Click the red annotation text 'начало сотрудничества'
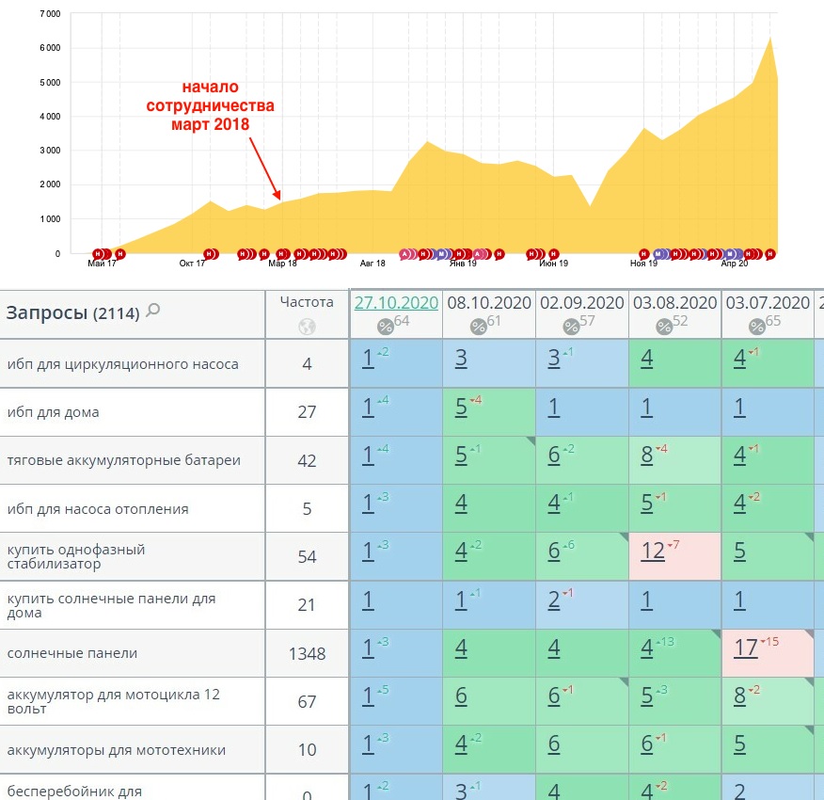[x=211, y=104]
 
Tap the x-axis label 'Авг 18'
[x=373, y=264]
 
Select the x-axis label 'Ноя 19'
[x=643, y=264]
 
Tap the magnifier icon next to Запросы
[x=153, y=310]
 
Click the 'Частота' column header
[x=307, y=302]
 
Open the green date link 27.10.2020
[x=396, y=302]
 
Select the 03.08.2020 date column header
[x=674, y=302]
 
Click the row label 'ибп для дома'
[x=53, y=412]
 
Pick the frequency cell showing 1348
[x=307, y=653]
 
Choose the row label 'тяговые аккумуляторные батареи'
[x=123, y=460]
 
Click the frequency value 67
[x=307, y=701]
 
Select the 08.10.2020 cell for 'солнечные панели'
[x=488, y=653]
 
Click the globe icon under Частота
[x=307, y=327]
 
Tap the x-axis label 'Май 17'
[x=102, y=264]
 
